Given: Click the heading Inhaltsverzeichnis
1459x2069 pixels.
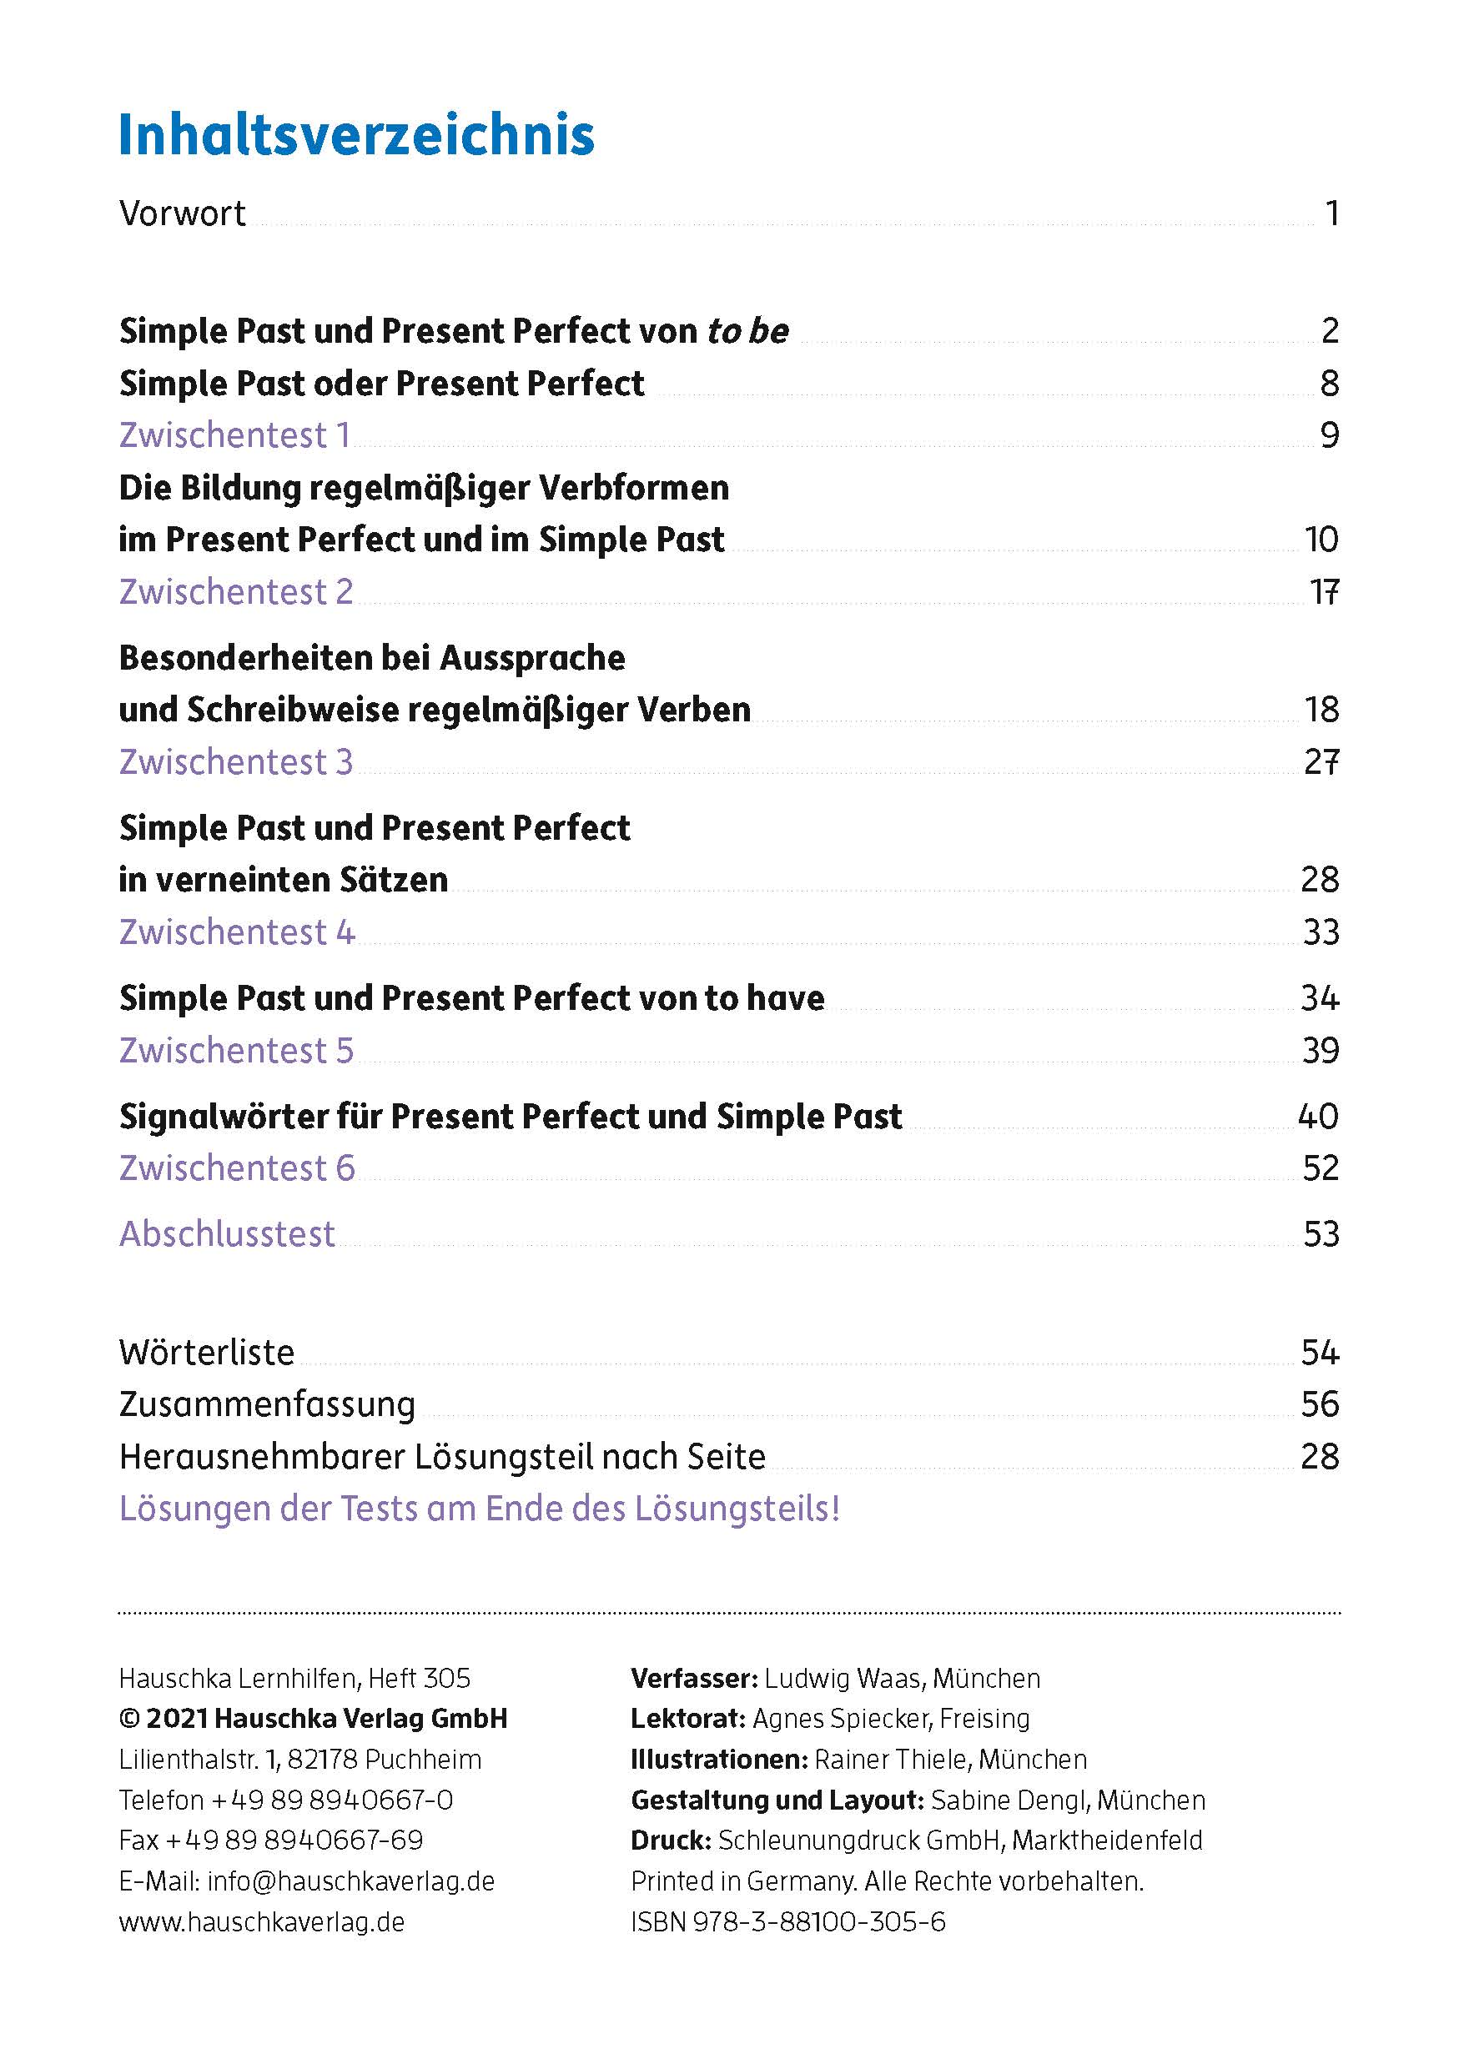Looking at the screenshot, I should (x=356, y=135).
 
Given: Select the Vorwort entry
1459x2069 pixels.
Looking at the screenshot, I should (x=182, y=213).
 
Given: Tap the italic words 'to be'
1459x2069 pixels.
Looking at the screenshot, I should (x=747, y=332).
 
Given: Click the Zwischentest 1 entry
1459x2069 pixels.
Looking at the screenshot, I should (x=234, y=435).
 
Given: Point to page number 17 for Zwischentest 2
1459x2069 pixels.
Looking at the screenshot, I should (x=1324, y=592).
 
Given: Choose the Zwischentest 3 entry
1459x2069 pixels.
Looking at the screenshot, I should (x=236, y=762).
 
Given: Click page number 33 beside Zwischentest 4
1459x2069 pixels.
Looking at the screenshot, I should (x=1321, y=932).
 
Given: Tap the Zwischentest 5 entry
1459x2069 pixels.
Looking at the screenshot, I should (x=236, y=1051).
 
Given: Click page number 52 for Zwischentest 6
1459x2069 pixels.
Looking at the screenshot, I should (x=1321, y=1169).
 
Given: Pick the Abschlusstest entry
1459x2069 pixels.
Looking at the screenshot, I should (x=227, y=1234).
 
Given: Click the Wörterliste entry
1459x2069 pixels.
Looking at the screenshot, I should (x=206, y=1353).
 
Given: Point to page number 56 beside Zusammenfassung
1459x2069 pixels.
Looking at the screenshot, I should (x=1321, y=1404).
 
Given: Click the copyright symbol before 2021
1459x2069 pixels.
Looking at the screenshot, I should (x=128, y=1720).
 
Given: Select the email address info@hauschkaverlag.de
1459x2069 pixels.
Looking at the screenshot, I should (x=350, y=1881).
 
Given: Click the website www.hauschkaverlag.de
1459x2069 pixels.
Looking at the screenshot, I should (x=261, y=1922).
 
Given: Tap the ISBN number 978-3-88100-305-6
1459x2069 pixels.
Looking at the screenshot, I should (x=819, y=1922).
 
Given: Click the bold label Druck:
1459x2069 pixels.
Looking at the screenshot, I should (x=672, y=1841).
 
